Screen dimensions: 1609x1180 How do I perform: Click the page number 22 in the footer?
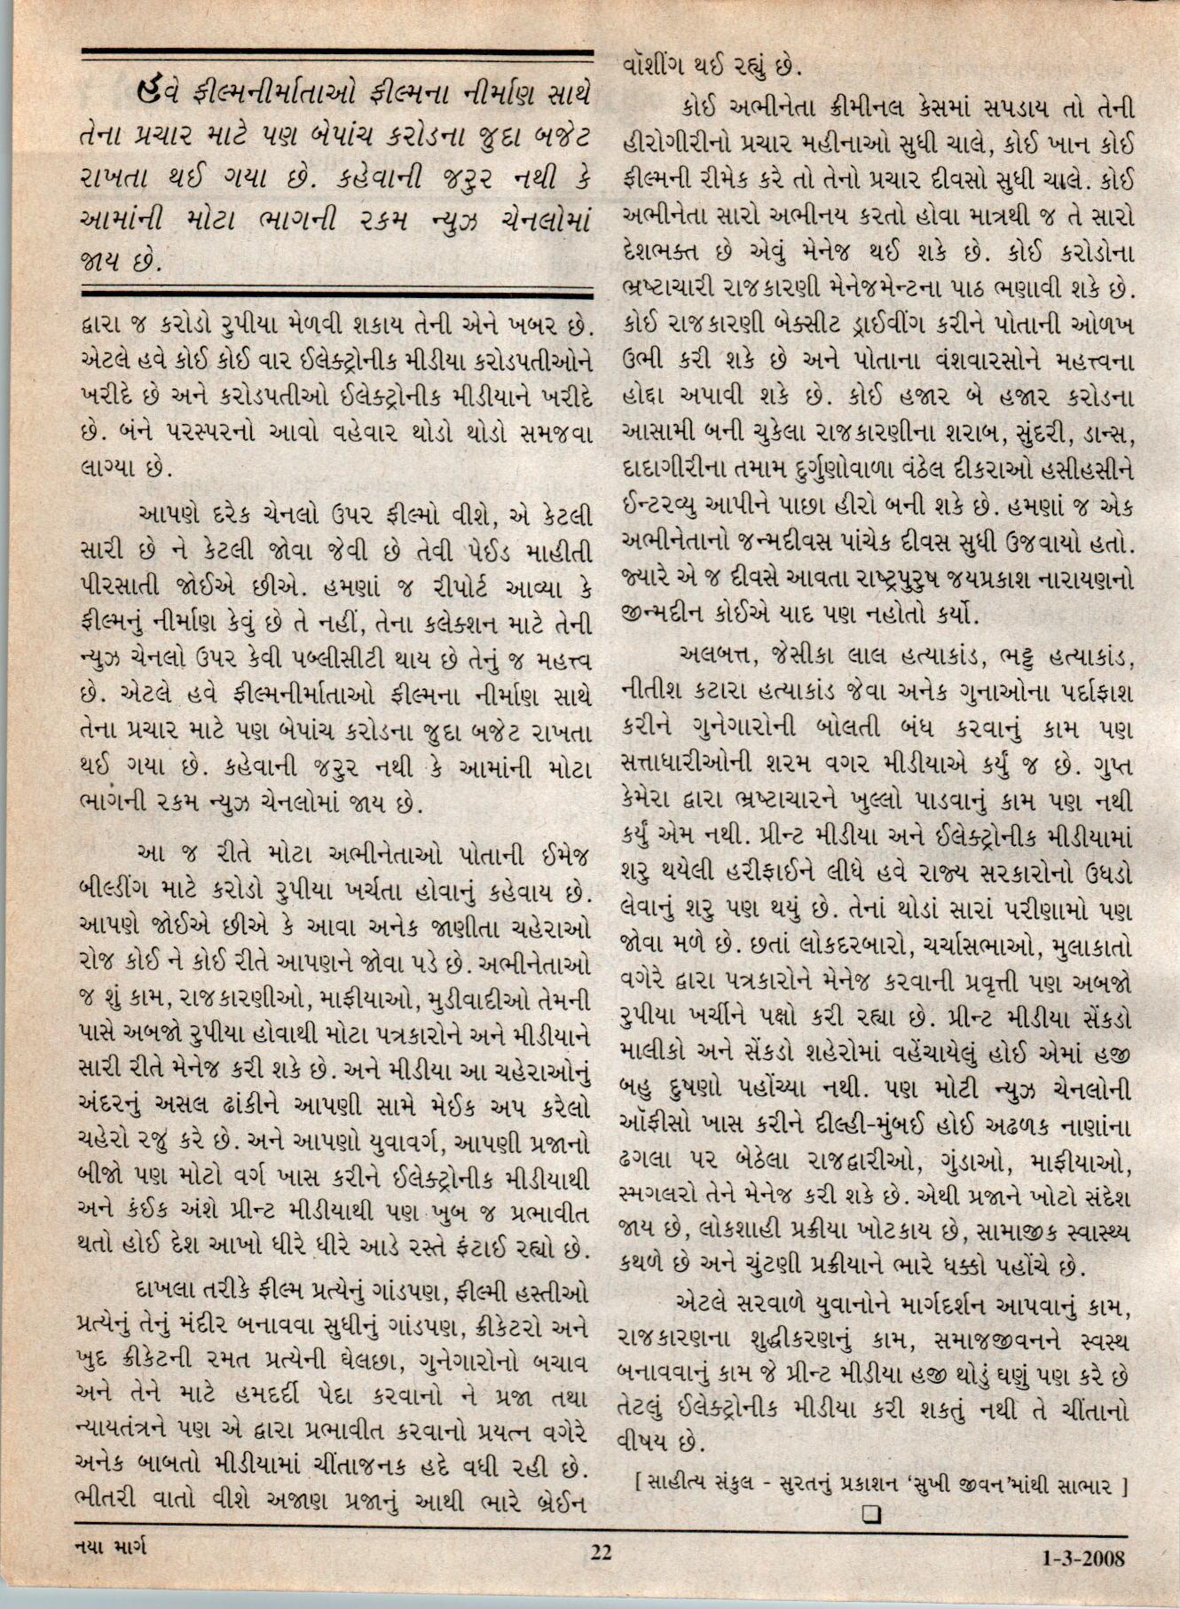[601, 1553]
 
